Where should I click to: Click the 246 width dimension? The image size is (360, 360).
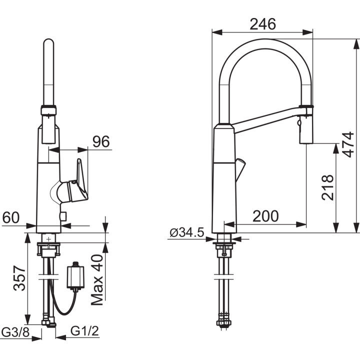pyautogui.click(x=262, y=24)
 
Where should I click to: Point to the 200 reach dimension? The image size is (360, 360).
pyautogui.click(x=265, y=216)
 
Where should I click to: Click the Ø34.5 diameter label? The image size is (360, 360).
pyautogui.click(x=187, y=232)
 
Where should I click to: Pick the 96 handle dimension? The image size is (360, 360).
pyautogui.click(x=101, y=141)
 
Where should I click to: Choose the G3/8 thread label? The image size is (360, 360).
pyautogui.click(x=15, y=331)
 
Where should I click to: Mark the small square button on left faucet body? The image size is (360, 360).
pyautogui.click(x=62, y=216)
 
